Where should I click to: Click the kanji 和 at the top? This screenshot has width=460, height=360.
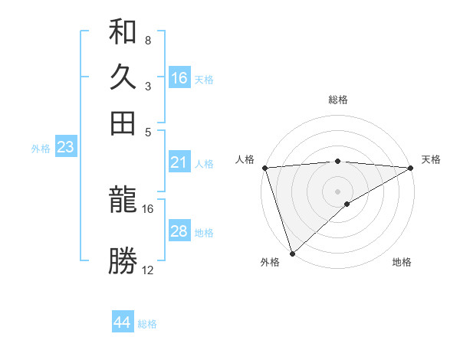123,32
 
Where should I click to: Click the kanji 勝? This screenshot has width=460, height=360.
123,260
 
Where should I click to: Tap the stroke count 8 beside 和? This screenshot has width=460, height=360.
147,41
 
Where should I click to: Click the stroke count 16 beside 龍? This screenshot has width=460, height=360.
148,208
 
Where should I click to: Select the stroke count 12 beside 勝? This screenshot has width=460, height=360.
148,270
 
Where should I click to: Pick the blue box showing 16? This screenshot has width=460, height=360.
179,78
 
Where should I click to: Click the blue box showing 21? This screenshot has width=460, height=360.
179,162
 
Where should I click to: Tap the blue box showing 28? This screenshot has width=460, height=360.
179,231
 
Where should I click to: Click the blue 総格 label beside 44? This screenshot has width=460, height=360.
147,324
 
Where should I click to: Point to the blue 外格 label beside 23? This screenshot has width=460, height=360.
41,149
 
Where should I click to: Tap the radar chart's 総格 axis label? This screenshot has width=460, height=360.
337,100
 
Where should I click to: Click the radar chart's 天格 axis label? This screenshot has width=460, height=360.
431,159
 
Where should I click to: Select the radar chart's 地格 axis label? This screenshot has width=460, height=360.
402,263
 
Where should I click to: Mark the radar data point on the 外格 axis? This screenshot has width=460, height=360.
292,254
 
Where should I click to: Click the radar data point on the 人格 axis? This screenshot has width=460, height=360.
264,168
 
